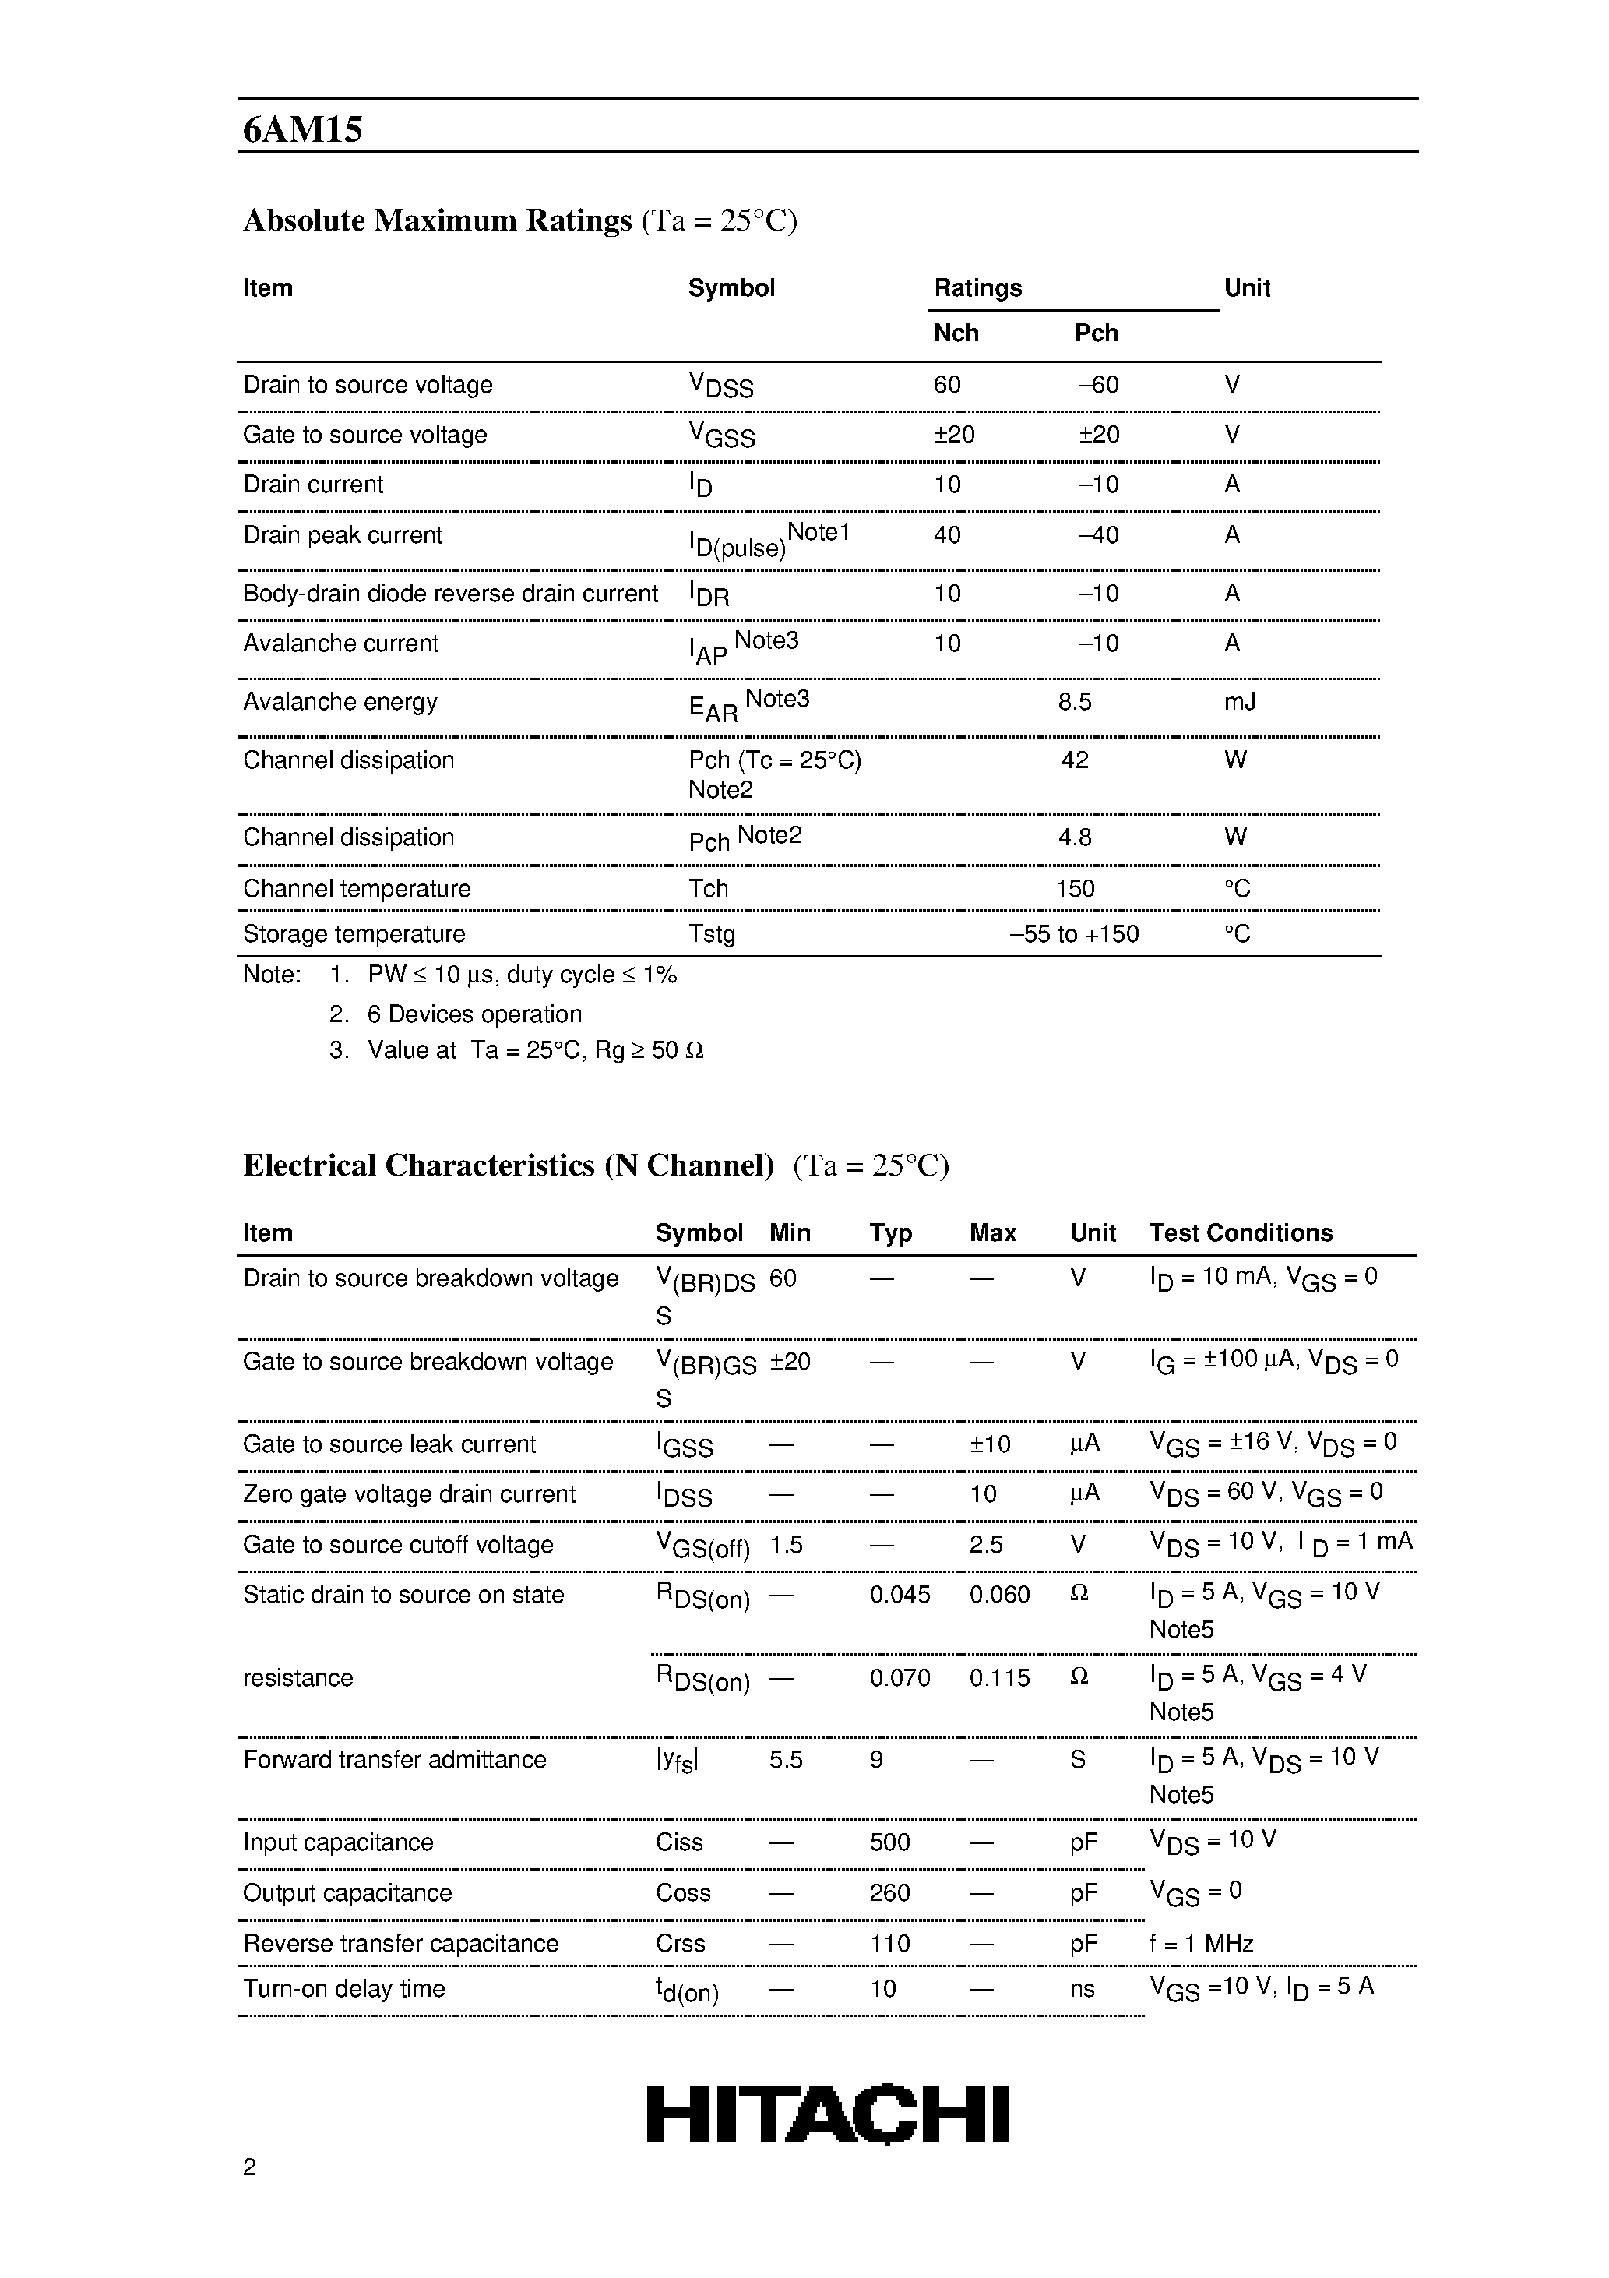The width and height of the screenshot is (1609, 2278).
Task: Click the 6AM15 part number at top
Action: click(x=302, y=130)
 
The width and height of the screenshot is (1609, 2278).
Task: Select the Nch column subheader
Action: click(x=956, y=333)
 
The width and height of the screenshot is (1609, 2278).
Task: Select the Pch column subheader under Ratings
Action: click(x=1095, y=333)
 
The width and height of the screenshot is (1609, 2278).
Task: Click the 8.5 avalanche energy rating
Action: click(x=1074, y=703)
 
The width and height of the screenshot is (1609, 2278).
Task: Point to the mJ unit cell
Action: click(x=1239, y=703)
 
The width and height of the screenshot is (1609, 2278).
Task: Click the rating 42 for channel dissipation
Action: click(x=1074, y=761)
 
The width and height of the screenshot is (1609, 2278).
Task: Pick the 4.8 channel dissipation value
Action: click(x=1074, y=838)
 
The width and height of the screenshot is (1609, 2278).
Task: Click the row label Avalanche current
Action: click(x=340, y=644)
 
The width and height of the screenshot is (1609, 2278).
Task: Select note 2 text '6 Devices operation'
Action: click(x=474, y=1015)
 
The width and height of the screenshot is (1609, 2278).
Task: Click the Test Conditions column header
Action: click(x=1240, y=1233)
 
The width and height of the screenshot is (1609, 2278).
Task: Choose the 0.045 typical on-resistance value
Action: click(x=900, y=1595)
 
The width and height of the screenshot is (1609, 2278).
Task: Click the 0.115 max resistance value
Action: click(x=999, y=1678)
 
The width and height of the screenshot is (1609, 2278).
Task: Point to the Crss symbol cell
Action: click(x=680, y=1944)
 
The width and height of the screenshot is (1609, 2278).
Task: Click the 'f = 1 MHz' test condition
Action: click(x=1200, y=1944)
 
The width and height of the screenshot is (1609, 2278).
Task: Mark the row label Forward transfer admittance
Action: click(x=394, y=1760)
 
